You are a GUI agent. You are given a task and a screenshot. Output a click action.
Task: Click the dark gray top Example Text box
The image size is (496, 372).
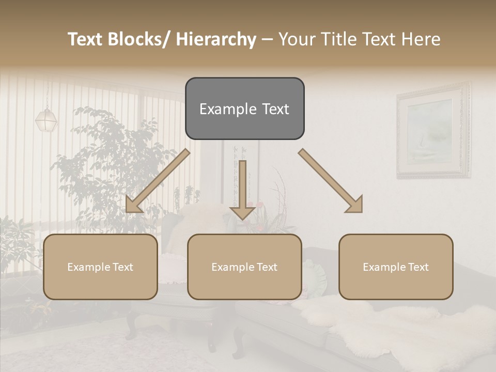[244, 109]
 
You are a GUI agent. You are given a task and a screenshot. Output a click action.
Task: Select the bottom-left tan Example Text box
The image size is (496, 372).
[100, 267]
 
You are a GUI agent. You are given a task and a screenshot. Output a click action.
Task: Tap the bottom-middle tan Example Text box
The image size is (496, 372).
[244, 267]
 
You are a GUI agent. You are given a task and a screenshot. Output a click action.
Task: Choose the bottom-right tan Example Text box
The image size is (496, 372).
[396, 267]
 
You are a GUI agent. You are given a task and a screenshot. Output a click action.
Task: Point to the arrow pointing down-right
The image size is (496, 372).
[331, 181]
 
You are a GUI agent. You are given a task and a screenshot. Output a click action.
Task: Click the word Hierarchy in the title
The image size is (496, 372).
[216, 39]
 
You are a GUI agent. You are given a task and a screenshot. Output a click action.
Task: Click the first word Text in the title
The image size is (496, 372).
[86, 39]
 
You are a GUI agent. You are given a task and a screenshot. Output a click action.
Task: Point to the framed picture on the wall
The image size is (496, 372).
[433, 131]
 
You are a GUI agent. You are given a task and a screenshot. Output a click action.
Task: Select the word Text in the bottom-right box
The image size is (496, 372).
[417, 267]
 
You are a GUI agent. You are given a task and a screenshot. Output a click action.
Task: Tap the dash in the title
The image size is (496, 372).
[267, 40]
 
